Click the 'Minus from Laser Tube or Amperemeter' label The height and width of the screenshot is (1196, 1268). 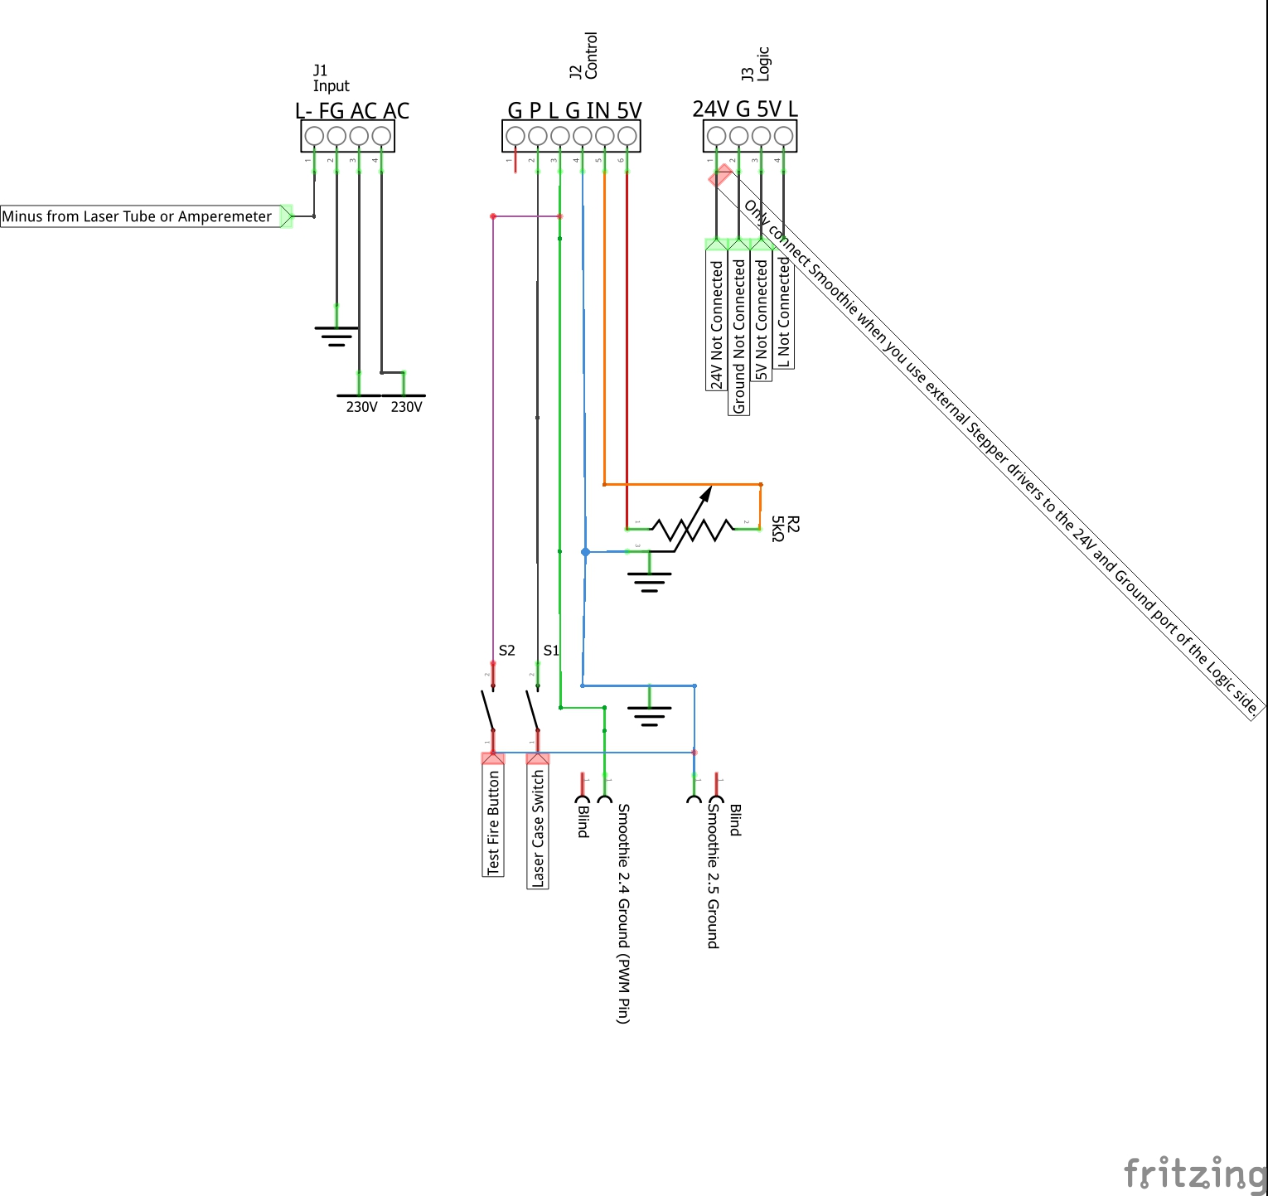(x=137, y=216)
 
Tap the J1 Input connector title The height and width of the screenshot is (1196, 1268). (x=331, y=78)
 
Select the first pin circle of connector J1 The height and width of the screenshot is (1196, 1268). (x=314, y=135)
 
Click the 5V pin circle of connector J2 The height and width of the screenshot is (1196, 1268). (x=627, y=135)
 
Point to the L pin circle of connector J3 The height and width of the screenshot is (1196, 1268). (x=783, y=135)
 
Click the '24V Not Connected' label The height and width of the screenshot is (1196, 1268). (x=717, y=323)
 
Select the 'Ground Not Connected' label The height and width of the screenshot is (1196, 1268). (x=739, y=336)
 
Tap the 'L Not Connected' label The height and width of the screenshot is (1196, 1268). (x=784, y=311)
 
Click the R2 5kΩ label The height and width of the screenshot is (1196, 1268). (x=785, y=529)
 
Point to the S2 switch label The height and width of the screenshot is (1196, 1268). (x=506, y=651)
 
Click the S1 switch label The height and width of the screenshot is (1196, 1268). (x=551, y=651)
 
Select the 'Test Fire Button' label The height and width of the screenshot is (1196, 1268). (x=494, y=821)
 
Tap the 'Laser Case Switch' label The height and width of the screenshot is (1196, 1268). (x=538, y=828)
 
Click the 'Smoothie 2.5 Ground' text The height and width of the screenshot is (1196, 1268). (x=713, y=875)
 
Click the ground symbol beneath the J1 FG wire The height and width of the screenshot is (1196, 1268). (x=336, y=336)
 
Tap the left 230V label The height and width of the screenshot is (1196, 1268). (x=361, y=407)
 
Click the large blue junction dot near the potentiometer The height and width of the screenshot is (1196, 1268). (x=585, y=552)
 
